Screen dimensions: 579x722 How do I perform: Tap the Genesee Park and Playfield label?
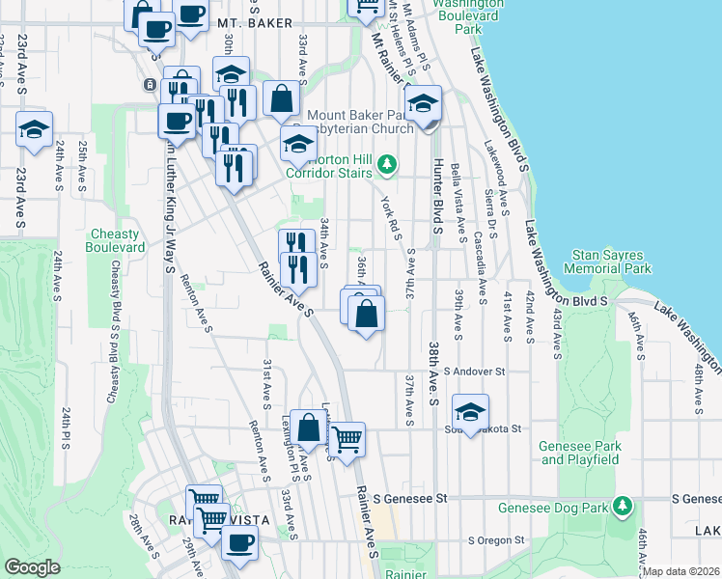[579, 453]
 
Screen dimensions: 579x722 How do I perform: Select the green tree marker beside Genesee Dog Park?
[623, 505]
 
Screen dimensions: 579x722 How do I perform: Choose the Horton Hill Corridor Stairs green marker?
[387, 165]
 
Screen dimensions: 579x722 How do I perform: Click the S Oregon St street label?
[495, 540]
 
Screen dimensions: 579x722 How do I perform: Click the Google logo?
[31, 567]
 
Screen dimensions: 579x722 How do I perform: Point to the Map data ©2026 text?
[680, 571]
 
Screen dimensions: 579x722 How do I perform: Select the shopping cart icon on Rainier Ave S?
[347, 438]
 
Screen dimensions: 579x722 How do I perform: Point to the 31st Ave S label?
[267, 381]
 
